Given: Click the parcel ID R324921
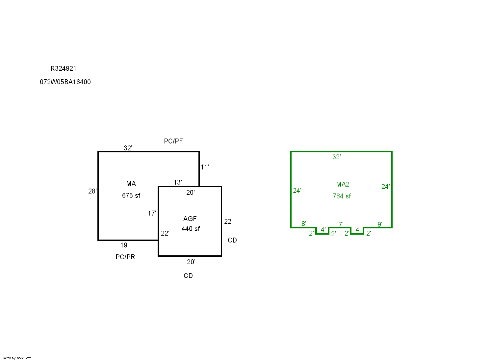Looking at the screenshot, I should click(x=63, y=68).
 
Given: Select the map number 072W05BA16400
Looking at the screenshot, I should click(x=65, y=82).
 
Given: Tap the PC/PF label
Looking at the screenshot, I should click(x=173, y=141).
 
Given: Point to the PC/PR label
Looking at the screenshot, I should click(x=125, y=257).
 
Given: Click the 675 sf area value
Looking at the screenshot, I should click(x=131, y=195).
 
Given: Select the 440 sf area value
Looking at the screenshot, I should click(x=191, y=229).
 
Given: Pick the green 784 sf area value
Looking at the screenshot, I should click(x=342, y=196).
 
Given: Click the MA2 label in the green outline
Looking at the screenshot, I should click(x=343, y=184).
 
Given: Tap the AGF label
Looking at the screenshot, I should click(x=190, y=219).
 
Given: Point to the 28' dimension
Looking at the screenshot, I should click(x=92, y=191).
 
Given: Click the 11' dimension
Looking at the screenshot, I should click(x=205, y=167).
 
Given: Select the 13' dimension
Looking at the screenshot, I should click(x=178, y=182).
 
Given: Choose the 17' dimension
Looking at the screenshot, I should click(x=152, y=213).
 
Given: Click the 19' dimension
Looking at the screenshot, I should click(x=124, y=245).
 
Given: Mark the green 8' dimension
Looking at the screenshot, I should click(x=304, y=224).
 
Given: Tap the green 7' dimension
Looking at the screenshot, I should click(x=341, y=224).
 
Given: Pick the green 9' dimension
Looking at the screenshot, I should click(x=380, y=224).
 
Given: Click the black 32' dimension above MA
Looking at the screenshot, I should click(x=128, y=148).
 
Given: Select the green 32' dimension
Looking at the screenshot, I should click(x=336, y=157).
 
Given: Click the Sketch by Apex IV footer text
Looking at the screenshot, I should click(x=16, y=358).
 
